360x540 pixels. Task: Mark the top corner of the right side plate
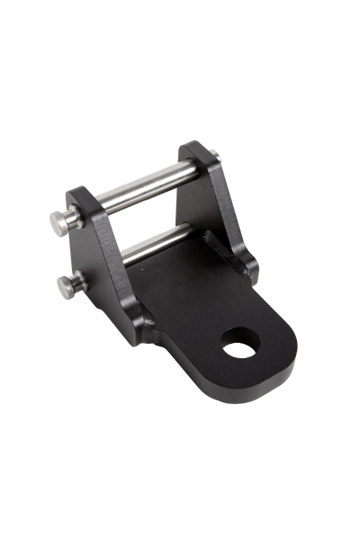pyautogui.click(x=194, y=144)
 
